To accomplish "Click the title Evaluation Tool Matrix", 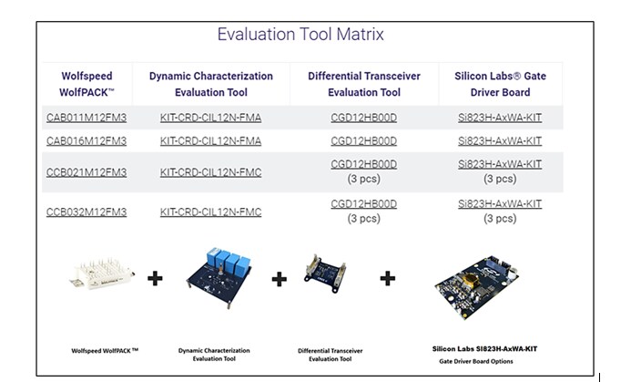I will point(300,35).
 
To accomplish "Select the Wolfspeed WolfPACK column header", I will point(86,84).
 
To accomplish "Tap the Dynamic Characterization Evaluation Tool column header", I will point(210,84).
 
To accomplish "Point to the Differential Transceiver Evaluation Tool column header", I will point(363,84).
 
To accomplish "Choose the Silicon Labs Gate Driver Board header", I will point(499,84).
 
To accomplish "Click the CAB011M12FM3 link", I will point(86,118).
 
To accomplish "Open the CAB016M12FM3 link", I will point(86,140).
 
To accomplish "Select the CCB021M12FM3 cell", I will point(86,172).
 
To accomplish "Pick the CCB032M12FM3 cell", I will point(86,212).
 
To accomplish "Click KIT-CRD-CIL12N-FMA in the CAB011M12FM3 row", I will point(210,118).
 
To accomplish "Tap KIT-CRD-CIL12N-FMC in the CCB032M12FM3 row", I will point(210,212).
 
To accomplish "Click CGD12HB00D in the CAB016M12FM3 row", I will point(363,140).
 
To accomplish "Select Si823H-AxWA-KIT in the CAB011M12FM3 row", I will point(499,118).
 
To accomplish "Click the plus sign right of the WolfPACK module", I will point(155,277).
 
